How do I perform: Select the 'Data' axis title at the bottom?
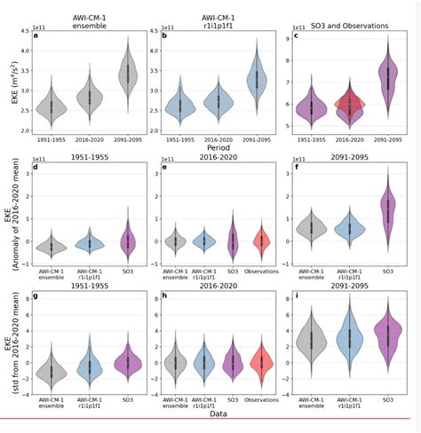pyautogui.click(x=219, y=413)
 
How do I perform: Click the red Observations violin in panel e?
pyautogui.click(x=262, y=240)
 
